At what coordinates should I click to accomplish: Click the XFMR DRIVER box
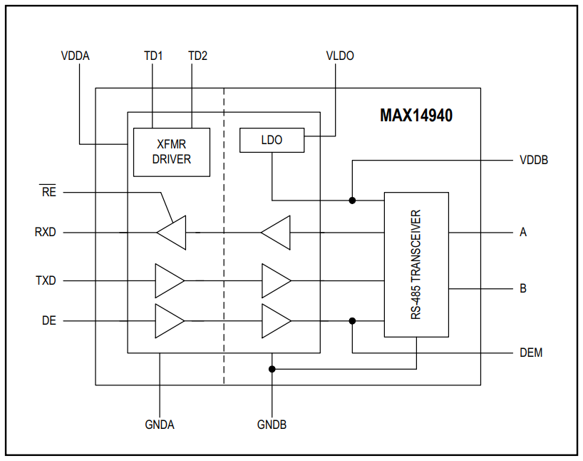coord(172,152)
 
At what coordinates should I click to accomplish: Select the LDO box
coord(272,141)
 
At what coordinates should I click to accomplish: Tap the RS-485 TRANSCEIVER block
coord(416,264)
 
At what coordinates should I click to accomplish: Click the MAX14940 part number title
coord(416,115)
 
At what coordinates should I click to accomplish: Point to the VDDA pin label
coord(76,56)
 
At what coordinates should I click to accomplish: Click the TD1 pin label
coord(153,56)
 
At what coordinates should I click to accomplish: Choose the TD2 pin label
coord(197,56)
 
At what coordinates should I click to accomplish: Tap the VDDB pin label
coord(534,160)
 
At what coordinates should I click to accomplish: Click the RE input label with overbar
coord(48,192)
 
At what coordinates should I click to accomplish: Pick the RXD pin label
coord(46,233)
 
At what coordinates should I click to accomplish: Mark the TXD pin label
coord(46,281)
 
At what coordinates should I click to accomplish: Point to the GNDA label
coord(160,425)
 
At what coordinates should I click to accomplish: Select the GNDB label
coord(272,425)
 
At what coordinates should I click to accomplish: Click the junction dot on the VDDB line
coord(352,201)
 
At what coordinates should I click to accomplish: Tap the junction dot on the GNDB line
coord(272,369)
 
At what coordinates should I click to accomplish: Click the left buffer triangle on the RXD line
coord(172,233)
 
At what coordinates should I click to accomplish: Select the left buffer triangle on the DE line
coord(169,321)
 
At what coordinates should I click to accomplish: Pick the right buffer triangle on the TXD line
coord(275,281)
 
